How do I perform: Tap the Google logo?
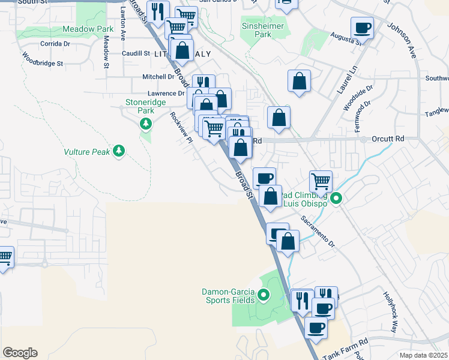coord(20,353)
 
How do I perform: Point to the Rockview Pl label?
coord(180,128)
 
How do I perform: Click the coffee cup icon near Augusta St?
coord(362,28)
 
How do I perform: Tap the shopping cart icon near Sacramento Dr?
coord(321,180)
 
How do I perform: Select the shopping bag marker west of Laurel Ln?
coord(299,80)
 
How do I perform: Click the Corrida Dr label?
coord(55,44)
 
